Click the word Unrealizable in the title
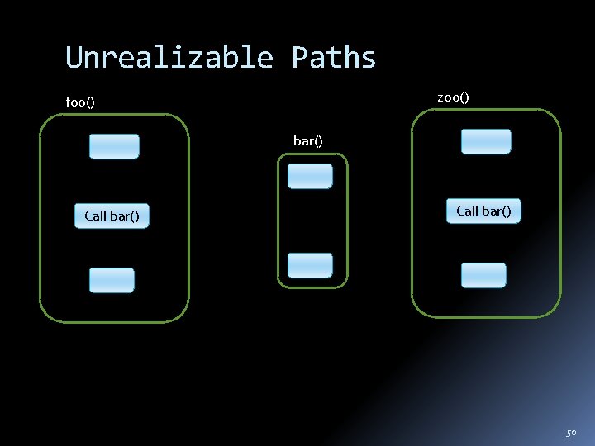tap(169, 58)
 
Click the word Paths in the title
tap(333, 58)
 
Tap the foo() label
tap(80, 102)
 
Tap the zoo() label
tap(453, 97)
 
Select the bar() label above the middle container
tap(307, 140)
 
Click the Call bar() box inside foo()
tap(112, 216)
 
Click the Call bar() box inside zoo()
tap(483, 211)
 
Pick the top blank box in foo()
tap(114, 146)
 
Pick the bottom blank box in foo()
tap(112, 280)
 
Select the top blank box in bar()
tap(310, 176)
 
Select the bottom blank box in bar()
tap(310, 265)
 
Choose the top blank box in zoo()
tap(486, 141)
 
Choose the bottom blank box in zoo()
tap(483, 275)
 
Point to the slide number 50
tap(571, 433)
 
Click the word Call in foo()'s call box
tap(96, 216)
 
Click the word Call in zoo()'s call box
tap(468, 211)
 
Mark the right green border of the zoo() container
tap(560, 213)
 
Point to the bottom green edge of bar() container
tap(312, 287)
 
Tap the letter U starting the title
tap(73, 58)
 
